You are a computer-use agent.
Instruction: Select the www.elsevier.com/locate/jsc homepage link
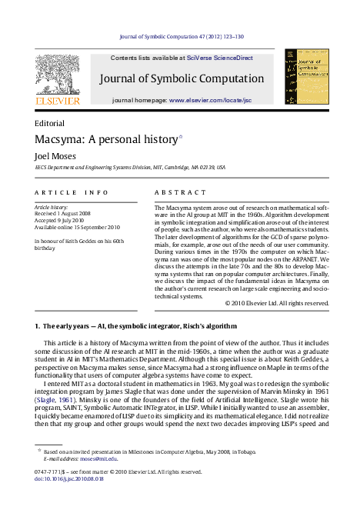pyautogui.click(x=210, y=101)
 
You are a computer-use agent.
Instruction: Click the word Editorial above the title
pyautogui.click(x=50, y=123)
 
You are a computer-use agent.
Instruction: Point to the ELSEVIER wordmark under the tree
pyautogui.click(x=56, y=100)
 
